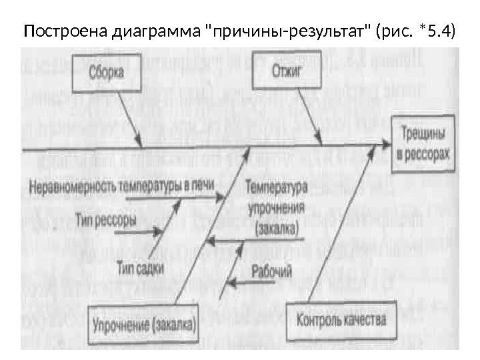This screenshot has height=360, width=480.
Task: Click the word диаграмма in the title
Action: coord(148,31)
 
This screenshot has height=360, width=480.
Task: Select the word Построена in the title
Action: coord(57,31)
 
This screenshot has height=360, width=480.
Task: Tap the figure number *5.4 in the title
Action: coord(434,31)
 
